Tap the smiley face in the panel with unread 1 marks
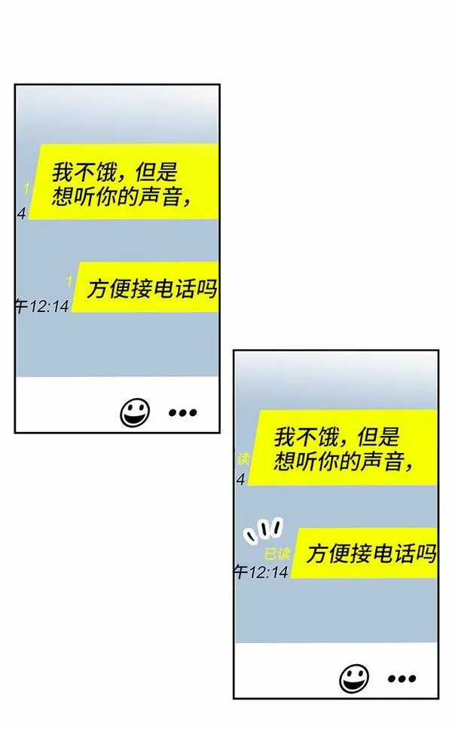click(135, 412)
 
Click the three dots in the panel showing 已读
click(402, 678)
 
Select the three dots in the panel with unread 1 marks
click(182, 412)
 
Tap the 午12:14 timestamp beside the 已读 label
click(261, 572)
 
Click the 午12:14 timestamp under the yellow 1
click(42, 306)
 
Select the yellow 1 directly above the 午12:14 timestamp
click(69, 281)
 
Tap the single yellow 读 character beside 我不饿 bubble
click(243, 458)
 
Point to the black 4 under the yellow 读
click(241, 479)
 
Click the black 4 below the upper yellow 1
click(21, 213)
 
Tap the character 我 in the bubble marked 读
click(284, 436)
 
